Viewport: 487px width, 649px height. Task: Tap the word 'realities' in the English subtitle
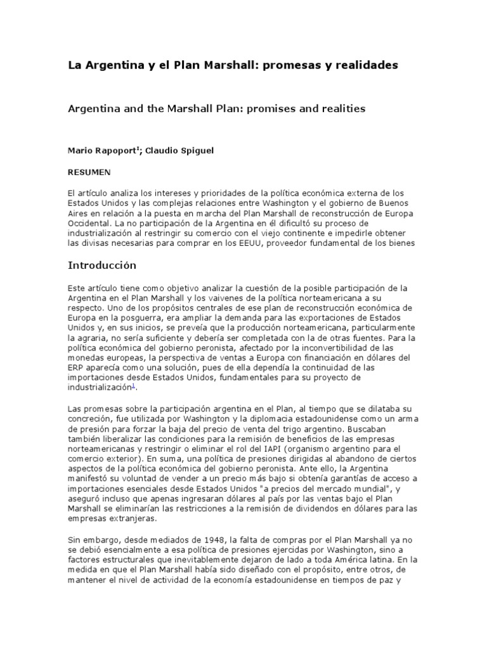pos(342,108)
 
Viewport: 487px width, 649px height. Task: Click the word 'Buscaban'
pos(401,428)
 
